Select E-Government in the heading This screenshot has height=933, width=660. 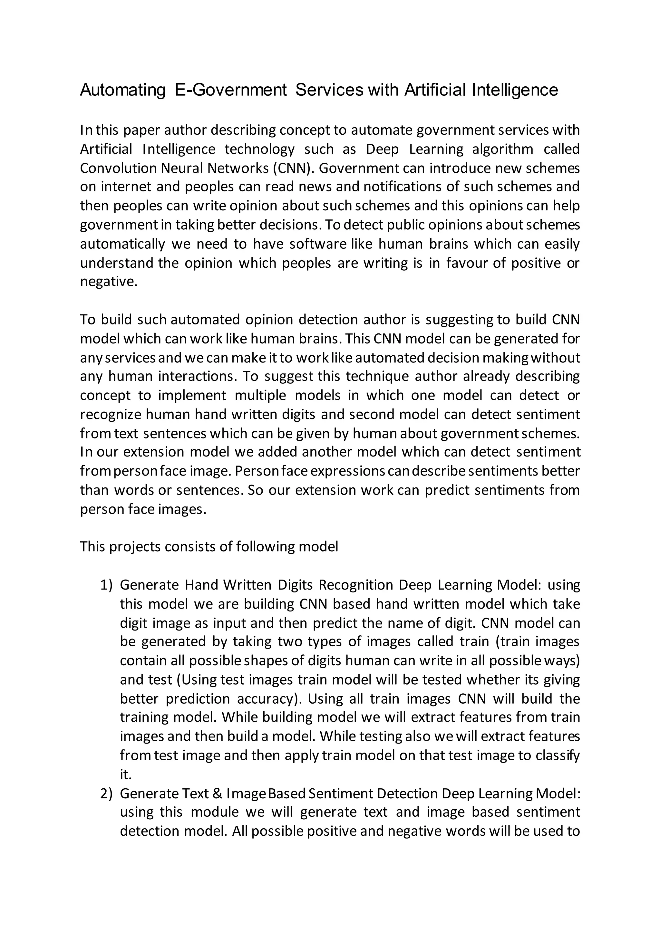(x=230, y=90)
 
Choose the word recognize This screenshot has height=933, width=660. (x=111, y=415)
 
